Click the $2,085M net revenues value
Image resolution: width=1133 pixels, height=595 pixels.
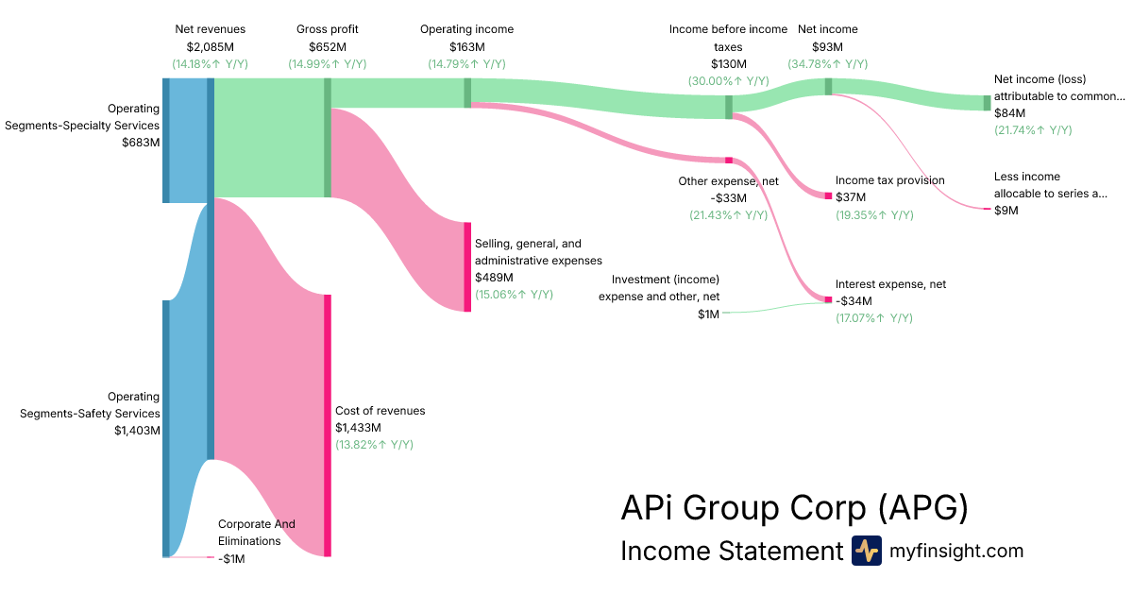(210, 46)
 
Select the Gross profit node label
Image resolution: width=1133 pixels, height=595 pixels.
(328, 29)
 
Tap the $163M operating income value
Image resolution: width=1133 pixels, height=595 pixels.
(466, 46)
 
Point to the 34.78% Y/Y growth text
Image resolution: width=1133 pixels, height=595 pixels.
(827, 63)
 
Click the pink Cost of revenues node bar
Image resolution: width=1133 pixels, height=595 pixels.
(328, 425)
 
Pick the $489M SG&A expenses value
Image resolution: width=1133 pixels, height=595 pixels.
(494, 278)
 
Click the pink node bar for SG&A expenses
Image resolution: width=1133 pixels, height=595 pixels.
(466, 266)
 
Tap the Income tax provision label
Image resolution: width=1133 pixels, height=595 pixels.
(889, 180)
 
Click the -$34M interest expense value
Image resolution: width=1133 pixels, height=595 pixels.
(854, 301)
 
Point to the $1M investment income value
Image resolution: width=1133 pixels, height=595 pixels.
(708, 314)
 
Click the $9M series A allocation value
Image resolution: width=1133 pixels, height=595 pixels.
(1006, 211)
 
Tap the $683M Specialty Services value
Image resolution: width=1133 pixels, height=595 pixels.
(141, 143)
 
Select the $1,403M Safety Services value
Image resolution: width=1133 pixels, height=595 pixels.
(136, 431)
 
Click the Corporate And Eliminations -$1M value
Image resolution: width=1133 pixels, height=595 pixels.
(231, 559)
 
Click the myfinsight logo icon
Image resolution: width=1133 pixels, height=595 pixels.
(866, 551)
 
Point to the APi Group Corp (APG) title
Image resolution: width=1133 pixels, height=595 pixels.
(794, 508)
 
